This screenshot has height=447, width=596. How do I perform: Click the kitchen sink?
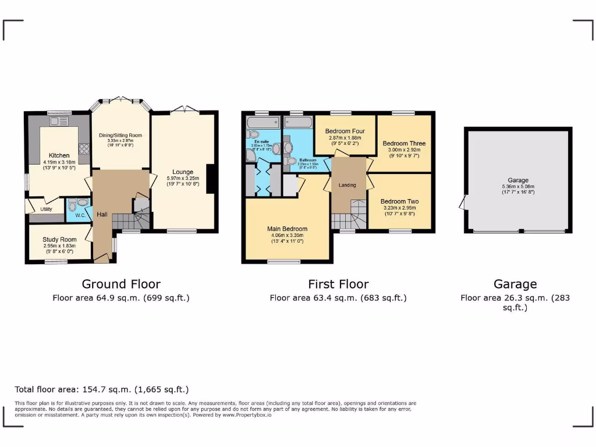click(59, 122)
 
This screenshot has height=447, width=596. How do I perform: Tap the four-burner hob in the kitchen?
click(83, 148)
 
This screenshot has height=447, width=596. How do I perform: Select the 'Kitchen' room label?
click(59, 155)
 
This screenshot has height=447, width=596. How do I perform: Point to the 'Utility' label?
click(47, 209)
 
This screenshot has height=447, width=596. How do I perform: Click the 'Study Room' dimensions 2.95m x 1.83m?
click(59, 246)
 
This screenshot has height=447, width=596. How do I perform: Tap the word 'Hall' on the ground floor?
click(102, 215)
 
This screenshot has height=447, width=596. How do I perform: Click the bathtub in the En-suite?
click(263, 122)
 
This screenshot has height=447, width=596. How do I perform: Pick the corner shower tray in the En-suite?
click(250, 154)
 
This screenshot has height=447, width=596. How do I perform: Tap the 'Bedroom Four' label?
click(345, 132)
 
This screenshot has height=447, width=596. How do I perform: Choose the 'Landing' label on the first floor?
click(347, 185)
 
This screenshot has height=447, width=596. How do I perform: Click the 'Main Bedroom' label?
click(287, 229)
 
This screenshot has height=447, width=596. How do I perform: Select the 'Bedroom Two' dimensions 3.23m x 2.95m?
click(399, 208)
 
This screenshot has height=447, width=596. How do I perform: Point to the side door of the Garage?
click(463, 203)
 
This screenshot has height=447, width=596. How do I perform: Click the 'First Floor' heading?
click(338, 284)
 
